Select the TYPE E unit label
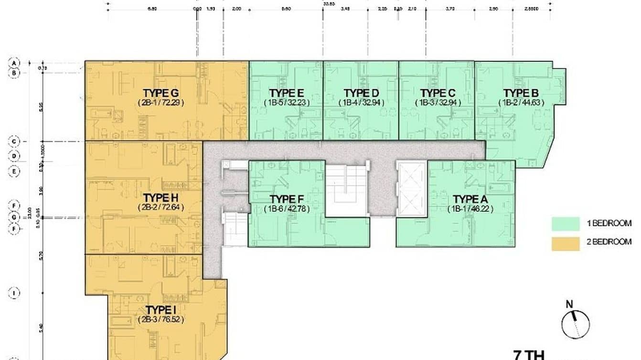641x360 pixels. [287, 93]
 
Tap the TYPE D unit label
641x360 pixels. [361, 93]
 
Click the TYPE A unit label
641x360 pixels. [470, 199]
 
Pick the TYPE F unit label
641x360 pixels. [287, 199]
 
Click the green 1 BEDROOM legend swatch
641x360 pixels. [565, 224]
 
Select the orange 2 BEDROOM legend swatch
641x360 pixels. [565, 243]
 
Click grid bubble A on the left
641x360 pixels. [15, 63]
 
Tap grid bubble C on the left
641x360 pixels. [15, 141]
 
